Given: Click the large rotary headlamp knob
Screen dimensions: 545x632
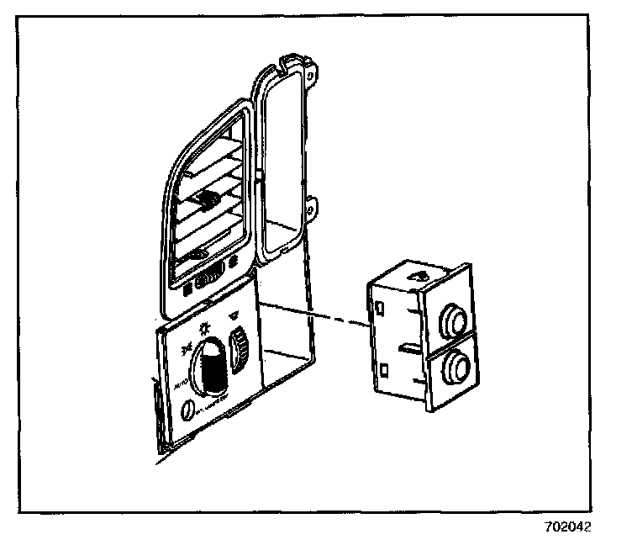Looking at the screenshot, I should [211, 367].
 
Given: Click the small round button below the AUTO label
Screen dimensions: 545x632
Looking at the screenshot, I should [187, 410].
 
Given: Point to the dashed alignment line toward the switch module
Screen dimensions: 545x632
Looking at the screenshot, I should [319, 314].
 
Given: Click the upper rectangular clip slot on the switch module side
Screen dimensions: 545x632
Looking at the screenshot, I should [382, 307].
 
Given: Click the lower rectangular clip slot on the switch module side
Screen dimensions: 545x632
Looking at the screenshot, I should [383, 368].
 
